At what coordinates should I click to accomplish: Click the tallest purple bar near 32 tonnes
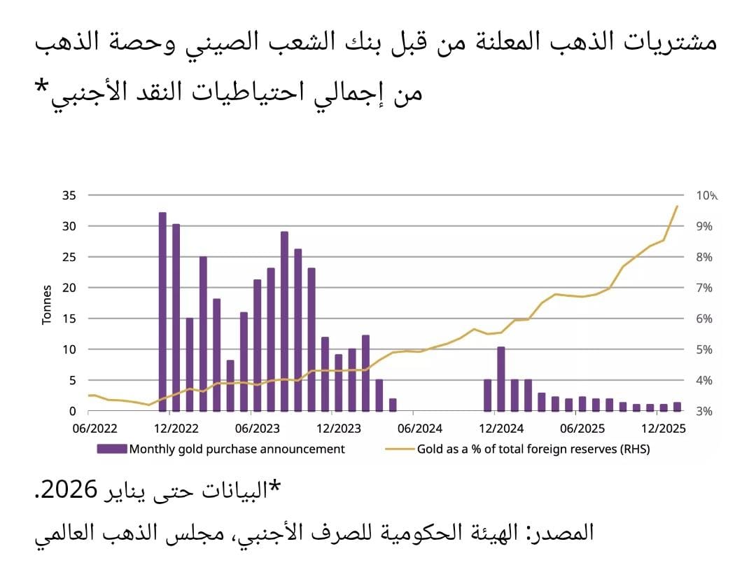pos(162,312)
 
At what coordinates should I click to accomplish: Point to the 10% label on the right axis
pos(706,195)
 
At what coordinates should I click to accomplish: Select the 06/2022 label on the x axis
pos(89,426)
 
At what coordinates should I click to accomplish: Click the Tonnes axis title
pos(48,304)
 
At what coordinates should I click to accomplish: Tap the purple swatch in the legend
pos(112,449)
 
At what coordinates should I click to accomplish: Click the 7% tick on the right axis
pos(703,288)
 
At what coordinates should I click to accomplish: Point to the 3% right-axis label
pos(703,411)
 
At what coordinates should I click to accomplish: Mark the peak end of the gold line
pos(677,206)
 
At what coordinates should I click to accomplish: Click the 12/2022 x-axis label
pos(171,426)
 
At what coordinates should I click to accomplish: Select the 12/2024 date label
pos(497,426)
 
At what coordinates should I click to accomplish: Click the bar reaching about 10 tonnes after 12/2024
pos(501,379)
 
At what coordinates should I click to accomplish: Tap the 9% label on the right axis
pos(703,226)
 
